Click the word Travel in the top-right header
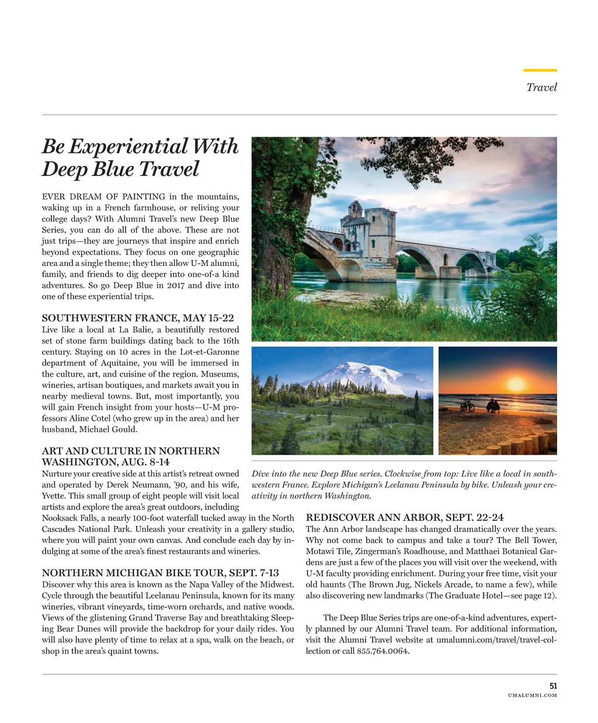pyautogui.click(x=541, y=87)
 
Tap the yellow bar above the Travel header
pyautogui.click(x=540, y=70)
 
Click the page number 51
pyautogui.click(x=553, y=686)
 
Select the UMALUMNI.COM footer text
pyautogui.click(x=532, y=695)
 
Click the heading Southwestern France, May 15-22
pyautogui.click(x=138, y=318)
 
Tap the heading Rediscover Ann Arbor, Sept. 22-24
pyautogui.click(x=404, y=517)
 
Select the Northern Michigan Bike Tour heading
pyautogui.click(x=160, y=573)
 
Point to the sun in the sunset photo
pyautogui.click(x=516, y=383)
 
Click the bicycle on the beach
pyautogui.click(x=467, y=405)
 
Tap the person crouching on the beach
pyautogui.click(x=493, y=406)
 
